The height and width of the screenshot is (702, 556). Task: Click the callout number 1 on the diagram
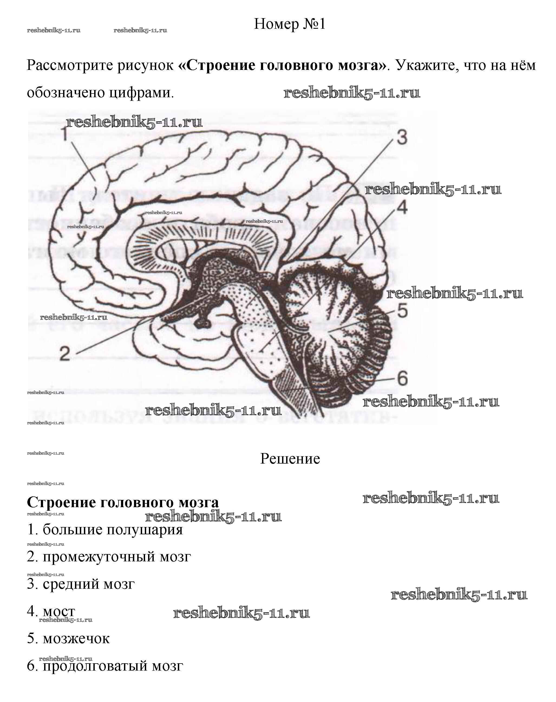(x=65, y=134)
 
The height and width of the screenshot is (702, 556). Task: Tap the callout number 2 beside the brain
(x=65, y=353)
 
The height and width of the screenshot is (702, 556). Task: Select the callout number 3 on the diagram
(x=402, y=137)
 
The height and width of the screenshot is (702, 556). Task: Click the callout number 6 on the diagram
(x=403, y=378)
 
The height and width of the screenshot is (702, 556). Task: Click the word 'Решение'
(x=290, y=459)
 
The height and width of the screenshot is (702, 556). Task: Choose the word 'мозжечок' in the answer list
(x=76, y=639)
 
